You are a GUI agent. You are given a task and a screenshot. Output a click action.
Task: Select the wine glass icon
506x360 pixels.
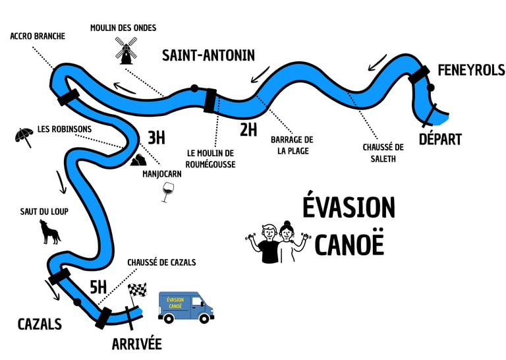point(166,192)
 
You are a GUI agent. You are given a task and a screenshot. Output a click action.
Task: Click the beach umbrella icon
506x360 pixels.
point(24,136)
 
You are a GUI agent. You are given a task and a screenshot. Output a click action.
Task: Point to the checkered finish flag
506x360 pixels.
point(137,290)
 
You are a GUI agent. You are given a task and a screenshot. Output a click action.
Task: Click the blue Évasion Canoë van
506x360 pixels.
point(186,307)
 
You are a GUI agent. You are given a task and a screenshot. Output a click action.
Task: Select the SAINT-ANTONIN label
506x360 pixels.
point(208,55)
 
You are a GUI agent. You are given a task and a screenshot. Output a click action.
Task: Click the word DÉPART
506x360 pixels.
point(440,139)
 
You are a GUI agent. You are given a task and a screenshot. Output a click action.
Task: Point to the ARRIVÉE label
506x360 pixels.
point(136,344)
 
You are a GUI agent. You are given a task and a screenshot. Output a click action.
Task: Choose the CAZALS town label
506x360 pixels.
point(40,324)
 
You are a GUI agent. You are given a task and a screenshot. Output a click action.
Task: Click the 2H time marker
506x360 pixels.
point(248,129)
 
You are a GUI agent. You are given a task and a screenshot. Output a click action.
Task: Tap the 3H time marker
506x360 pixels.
point(156,138)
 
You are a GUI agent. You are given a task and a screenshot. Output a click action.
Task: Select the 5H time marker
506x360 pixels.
point(98,286)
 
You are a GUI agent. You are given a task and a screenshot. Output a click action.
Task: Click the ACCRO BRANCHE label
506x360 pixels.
point(38,36)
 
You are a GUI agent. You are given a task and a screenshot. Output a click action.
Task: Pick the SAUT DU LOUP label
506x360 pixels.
point(44,211)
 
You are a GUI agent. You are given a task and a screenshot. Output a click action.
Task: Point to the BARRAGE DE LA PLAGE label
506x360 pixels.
point(292,145)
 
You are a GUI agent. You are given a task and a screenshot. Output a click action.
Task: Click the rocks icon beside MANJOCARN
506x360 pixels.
point(138,160)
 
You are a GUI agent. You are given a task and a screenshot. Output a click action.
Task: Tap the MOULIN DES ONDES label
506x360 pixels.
point(124,28)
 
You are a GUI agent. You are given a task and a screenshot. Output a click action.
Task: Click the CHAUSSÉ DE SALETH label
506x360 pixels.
point(383,152)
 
